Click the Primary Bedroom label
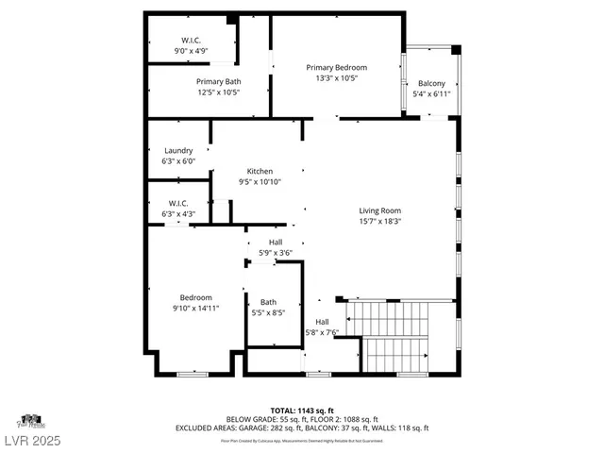pyautogui.click(x=336, y=67)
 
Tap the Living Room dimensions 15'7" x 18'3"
pyautogui.click(x=380, y=222)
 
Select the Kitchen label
pyautogui.click(x=260, y=171)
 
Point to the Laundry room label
pyautogui.click(x=178, y=150)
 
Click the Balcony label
pyautogui.click(x=431, y=83)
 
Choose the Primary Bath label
pyautogui.click(x=218, y=81)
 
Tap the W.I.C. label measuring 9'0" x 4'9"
pyautogui.click(x=192, y=40)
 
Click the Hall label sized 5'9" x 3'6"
pyautogui.click(x=276, y=243)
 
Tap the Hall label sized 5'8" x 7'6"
pyautogui.click(x=322, y=321)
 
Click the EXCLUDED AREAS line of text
pyautogui.click(x=301, y=428)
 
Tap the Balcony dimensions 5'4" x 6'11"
pyautogui.click(x=431, y=93)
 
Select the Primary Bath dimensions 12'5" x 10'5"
pyautogui.click(x=218, y=92)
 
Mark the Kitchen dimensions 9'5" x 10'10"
pyautogui.click(x=260, y=182)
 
